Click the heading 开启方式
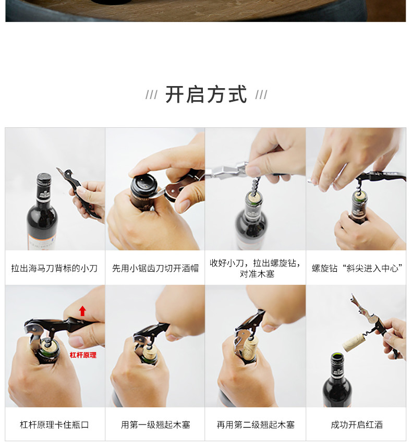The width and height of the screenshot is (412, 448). (x=206, y=94)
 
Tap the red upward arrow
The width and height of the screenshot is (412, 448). (x=82, y=311)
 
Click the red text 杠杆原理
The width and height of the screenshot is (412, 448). (x=83, y=355)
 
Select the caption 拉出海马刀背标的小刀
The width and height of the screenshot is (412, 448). (x=54, y=268)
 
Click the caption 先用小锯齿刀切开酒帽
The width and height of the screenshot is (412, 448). (x=155, y=268)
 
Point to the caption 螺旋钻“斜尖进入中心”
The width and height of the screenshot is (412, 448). (x=357, y=268)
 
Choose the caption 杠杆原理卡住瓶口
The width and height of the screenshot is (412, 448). (x=54, y=425)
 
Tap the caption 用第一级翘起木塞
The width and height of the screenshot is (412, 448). (x=155, y=425)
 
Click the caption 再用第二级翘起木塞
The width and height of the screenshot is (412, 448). (x=256, y=425)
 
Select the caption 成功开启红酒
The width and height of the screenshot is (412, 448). (x=357, y=425)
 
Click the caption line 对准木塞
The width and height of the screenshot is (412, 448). (x=257, y=274)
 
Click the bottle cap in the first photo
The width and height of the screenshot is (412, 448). (x=44, y=178)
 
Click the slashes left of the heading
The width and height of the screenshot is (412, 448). (x=151, y=94)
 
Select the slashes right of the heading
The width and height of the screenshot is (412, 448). (x=261, y=94)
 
